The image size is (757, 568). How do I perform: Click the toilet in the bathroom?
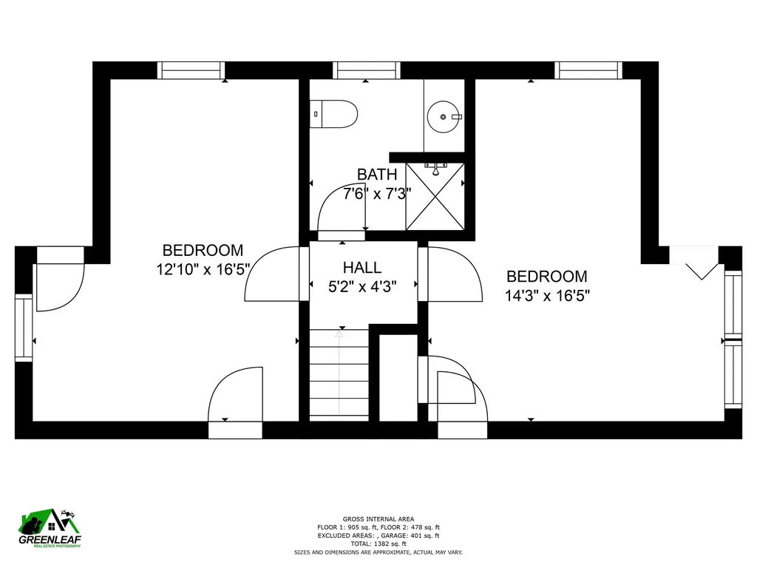click(333, 114)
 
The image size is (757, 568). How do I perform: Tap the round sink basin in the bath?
click(444, 117)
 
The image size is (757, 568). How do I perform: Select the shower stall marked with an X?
click(435, 197)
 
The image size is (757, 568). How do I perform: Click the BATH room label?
click(377, 174)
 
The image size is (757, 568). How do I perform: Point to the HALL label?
click(362, 267)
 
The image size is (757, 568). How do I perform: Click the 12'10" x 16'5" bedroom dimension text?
click(203, 269)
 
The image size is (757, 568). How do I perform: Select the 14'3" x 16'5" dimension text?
click(547, 295)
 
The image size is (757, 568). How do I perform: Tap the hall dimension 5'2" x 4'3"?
click(362, 287)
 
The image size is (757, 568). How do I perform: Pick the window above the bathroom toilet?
click(367, 70)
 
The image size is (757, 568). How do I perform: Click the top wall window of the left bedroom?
click(191, 70)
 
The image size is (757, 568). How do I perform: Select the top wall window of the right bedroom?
click(588, 70)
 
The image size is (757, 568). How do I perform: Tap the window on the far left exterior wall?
click(24, 328)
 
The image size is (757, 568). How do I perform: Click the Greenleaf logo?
click(50, 528)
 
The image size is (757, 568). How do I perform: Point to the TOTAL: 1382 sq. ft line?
click(378, 544)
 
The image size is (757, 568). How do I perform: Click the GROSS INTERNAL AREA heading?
click(378, 519)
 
